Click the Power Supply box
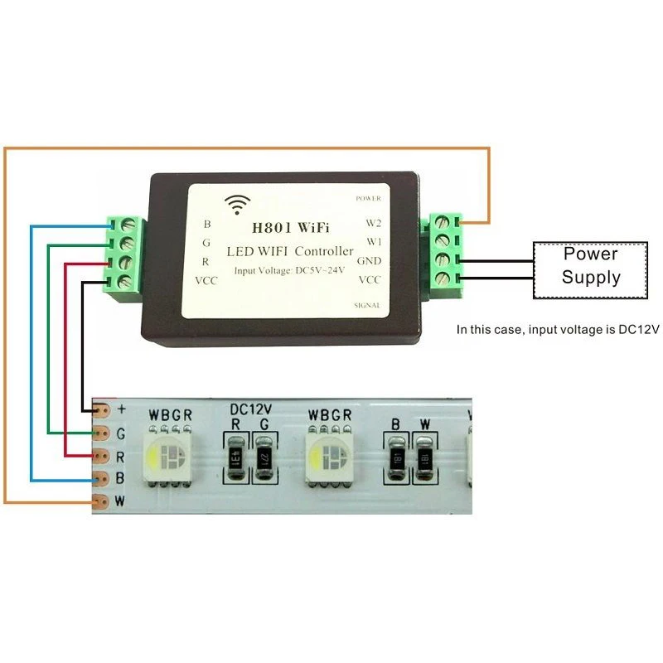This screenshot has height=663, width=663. click(591, 268)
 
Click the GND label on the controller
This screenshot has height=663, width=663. click(369, 260)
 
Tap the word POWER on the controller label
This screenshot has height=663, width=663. click(368, 200)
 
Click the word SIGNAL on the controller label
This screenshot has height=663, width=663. click(367, 305)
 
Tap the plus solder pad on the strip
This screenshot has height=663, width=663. click(103, 409)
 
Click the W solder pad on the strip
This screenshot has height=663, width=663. click(101, 501)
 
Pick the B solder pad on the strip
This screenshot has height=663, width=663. click(101, 478)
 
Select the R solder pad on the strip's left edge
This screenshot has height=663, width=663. click(101, 456)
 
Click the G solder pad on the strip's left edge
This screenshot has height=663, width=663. click(101, 433)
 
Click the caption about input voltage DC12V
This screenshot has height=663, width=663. click(557, 329)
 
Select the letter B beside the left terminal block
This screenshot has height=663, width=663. click(207, 224)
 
